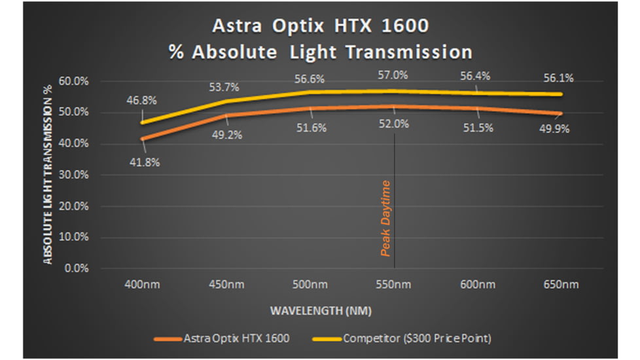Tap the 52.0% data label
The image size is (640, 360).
point(394,124)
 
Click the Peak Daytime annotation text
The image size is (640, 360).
point(386,218)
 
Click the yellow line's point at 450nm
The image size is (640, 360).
point(226,101)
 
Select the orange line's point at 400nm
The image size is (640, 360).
point(142,139)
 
